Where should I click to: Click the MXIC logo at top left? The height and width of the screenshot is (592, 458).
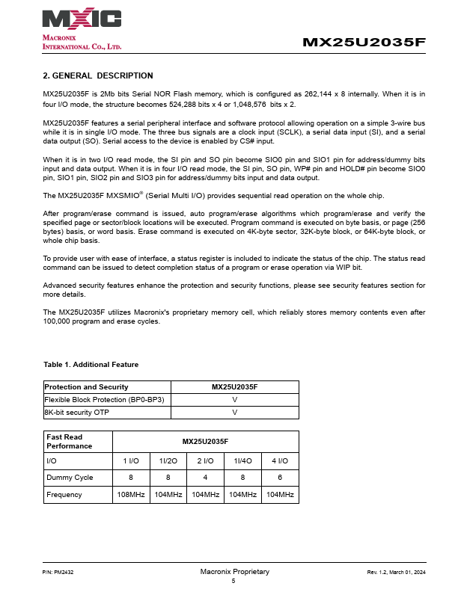click(x=82, y=19)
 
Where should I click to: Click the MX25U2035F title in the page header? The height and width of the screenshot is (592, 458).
click(x=364, y=43)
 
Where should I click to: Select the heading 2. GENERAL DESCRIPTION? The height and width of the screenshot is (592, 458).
click(x=98, y=75)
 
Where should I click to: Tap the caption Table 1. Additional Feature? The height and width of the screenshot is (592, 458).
click(x=91, y=364)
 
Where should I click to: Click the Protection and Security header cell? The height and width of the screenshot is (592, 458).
click(x=86, y=387)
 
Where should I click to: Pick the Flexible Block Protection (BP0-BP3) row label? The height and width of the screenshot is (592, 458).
click(x=104, y=399)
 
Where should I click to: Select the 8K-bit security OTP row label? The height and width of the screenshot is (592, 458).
click(x=78, y=412)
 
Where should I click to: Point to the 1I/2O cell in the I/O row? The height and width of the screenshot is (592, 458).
click(x=168, y=461)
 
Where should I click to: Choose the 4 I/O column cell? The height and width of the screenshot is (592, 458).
click(x=280, y=461)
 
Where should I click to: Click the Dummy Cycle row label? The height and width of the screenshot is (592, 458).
click(x=70, y=477)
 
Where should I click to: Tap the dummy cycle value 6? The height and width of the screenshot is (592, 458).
click(x=280, y=477)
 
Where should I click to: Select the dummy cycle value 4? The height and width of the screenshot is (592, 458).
click(x=206, y=477)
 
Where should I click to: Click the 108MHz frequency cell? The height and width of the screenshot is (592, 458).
click(x=131, y=494)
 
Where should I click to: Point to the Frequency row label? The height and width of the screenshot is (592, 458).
click(x=64, y=494)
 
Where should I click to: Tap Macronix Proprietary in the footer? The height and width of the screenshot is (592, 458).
click(x=234, y=572)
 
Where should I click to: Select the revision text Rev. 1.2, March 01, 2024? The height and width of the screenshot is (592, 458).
click(x=395, y=573)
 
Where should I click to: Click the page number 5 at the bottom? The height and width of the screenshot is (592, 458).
click(x=233, y=581)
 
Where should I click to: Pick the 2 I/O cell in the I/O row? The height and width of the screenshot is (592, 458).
click(x=206, y=461)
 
